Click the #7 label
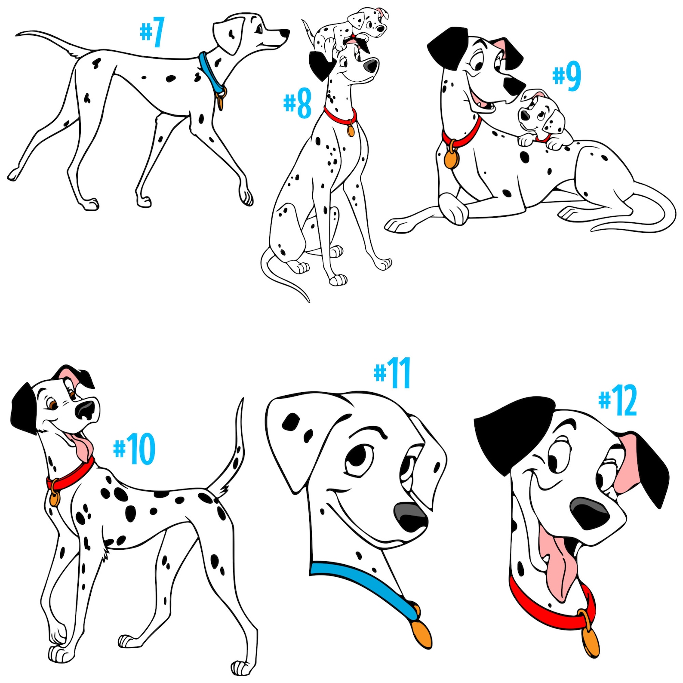(153, 33)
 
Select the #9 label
(567, 76)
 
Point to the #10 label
(134, 449)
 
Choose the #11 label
(393, 373)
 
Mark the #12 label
(618, 401)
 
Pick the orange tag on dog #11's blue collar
(422, 632)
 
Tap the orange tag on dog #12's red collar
(590, 641)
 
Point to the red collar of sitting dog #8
(340, 118)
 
